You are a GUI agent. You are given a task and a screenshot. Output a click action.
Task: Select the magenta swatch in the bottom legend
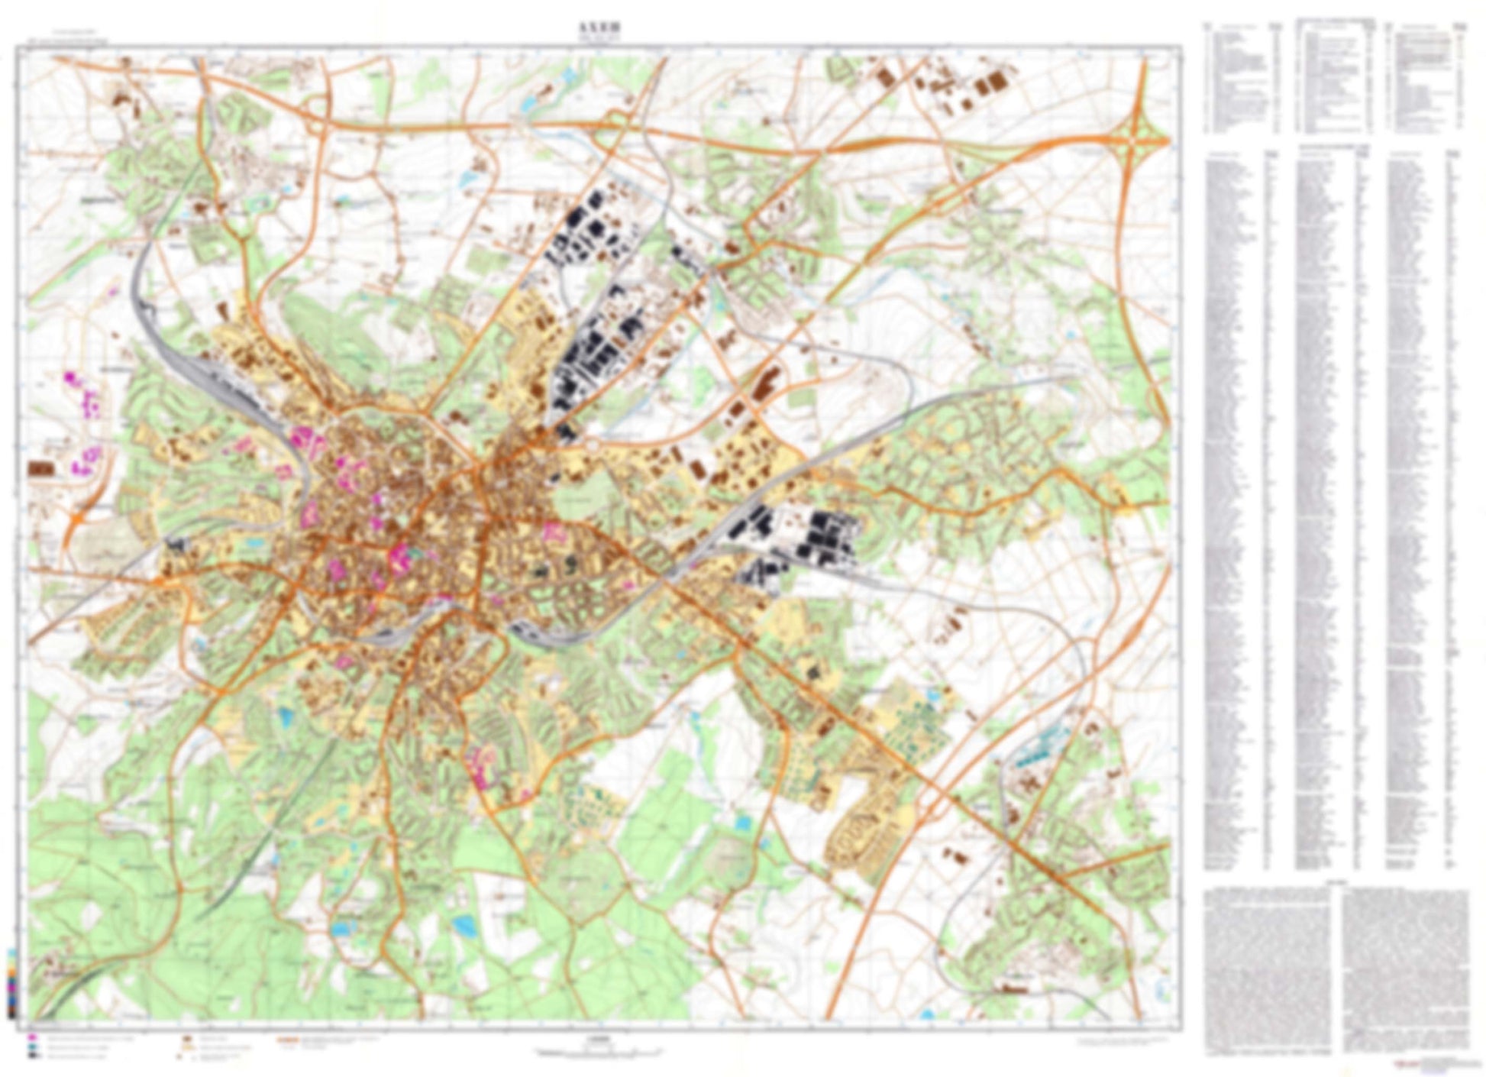point(33,1039)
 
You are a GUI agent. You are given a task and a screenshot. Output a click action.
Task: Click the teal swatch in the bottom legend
point(33,1047)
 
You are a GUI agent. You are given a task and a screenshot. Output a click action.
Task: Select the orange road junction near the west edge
point(77,519)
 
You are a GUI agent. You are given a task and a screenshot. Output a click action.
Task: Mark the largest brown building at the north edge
point(995,81)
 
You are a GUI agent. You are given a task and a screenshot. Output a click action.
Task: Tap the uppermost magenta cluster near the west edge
point(73,377)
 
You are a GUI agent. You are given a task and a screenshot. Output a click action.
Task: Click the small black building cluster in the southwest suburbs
point(176,543)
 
